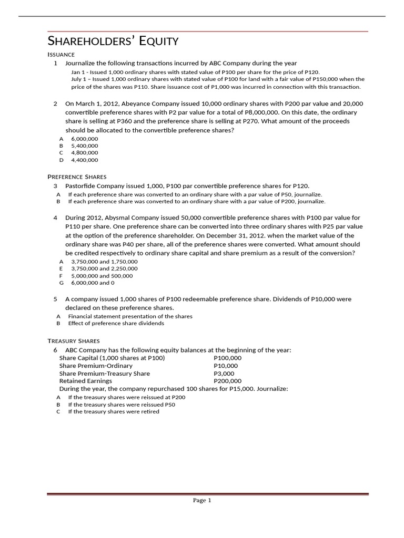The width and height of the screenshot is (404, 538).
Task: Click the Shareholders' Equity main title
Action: pos(113,41)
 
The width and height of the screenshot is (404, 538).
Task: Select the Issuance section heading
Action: pos(61,55)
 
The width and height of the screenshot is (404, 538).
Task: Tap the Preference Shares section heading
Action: pos(77,177)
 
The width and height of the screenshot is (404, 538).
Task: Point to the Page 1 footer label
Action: pos(202,501)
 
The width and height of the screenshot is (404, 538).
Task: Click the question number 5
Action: pos(55,299)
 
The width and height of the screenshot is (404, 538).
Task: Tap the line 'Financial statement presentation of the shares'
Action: pos(130,316)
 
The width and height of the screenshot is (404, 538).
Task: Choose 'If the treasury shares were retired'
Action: pos(114,411)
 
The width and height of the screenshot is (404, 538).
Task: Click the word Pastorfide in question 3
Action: pos(81,186)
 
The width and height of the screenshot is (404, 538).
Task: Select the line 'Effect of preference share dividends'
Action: pos(116,323)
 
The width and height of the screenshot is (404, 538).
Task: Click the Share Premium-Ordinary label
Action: pos(96,366)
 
